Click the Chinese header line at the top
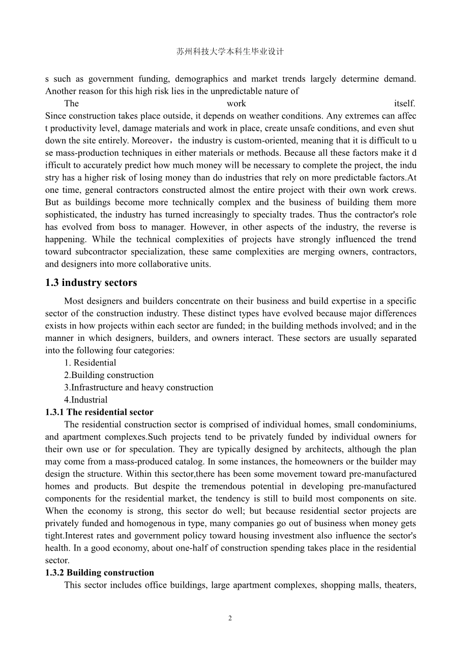230,52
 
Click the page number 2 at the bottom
230,618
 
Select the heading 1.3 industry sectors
91,282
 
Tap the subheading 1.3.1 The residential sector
99,412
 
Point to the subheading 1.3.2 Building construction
100,572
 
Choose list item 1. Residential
90,363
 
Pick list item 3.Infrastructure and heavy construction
139,387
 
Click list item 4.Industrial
86,400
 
